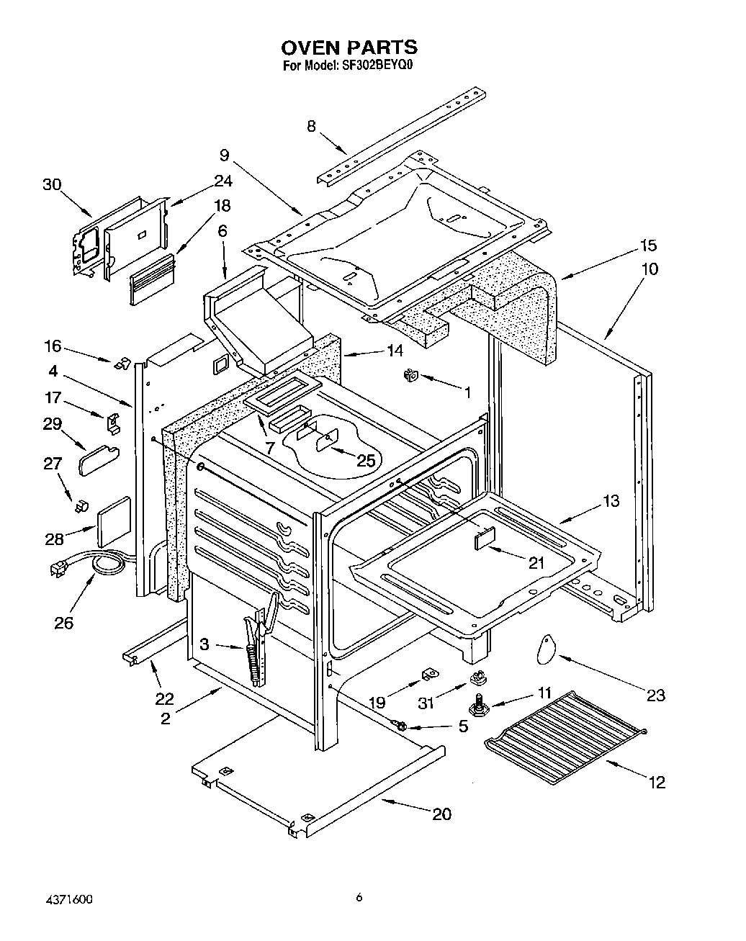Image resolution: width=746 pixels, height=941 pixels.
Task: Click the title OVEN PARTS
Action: pos(349,48)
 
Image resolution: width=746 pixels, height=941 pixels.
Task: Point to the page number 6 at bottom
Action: pos(358,897)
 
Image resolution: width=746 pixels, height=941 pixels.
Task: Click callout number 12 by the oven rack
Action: pos(656,782)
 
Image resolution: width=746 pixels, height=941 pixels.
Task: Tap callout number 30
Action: pos(52,184)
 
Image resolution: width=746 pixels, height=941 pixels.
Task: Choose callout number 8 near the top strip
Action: pos(311,126)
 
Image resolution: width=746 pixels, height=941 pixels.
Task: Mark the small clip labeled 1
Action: pos(412,374)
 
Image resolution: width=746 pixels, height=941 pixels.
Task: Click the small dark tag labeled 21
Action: pos(485,538)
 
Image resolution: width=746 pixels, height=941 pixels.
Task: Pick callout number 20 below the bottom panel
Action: pos(441,814)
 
